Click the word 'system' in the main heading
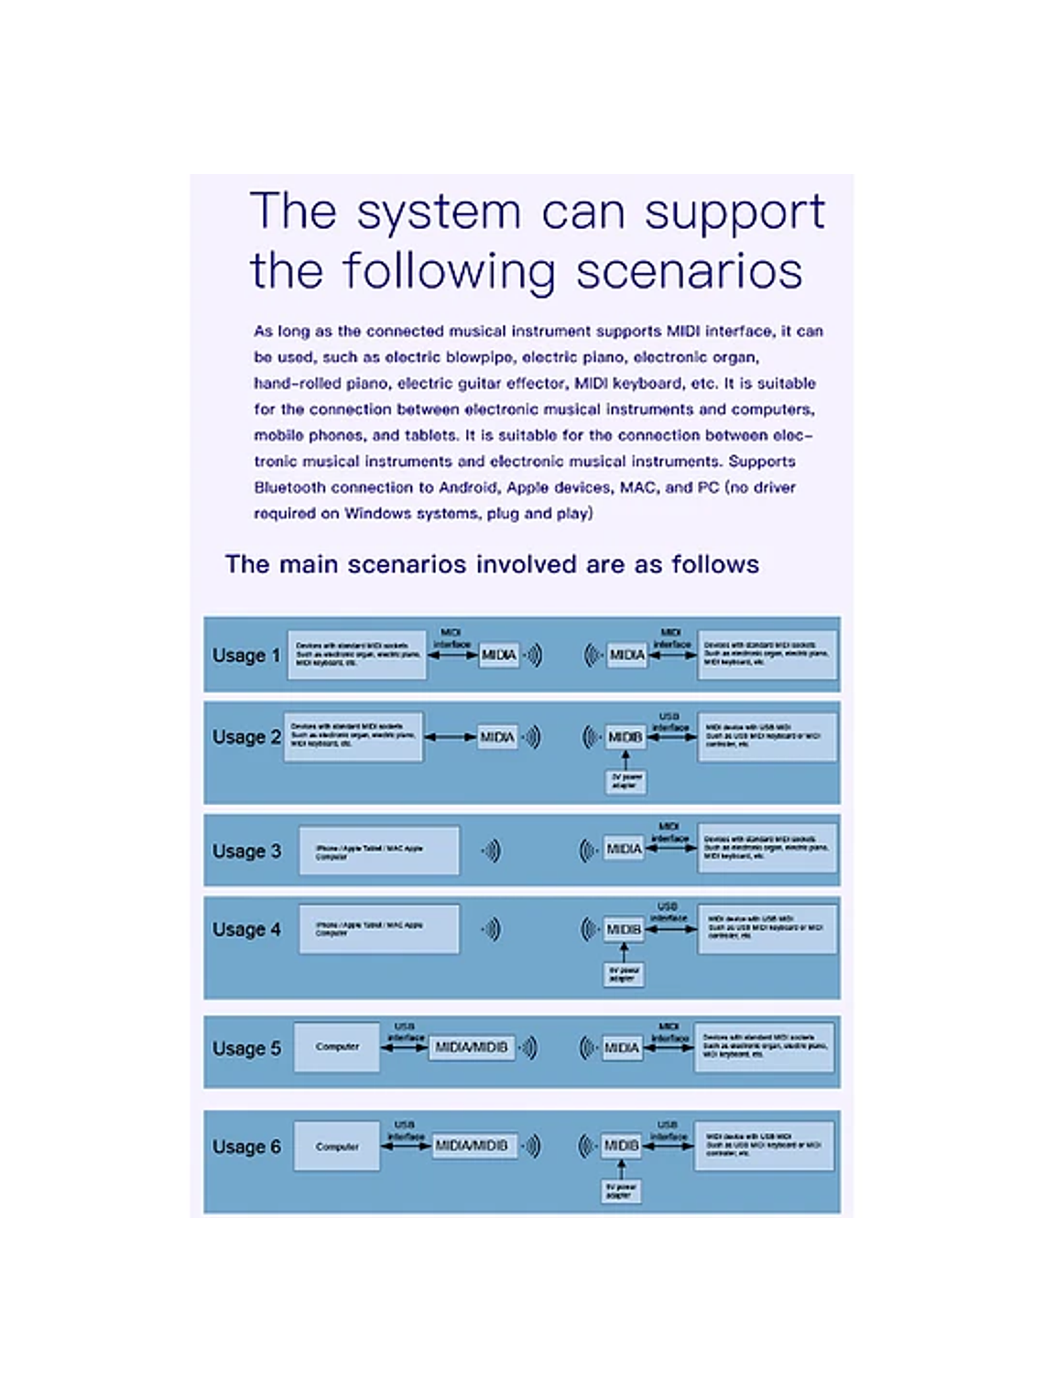point(439,212)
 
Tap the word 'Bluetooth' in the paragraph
point(288,487)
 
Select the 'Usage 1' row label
point(245,656)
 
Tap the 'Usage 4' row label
point(245,930)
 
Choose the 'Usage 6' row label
point(245,1147)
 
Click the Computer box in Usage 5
point(337,1047)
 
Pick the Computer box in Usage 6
point(337,1147)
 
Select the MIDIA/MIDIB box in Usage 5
point(472,1047)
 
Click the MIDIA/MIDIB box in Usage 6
point(472,1146)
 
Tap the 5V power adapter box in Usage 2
point(627,781)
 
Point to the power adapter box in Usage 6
point(621,1191)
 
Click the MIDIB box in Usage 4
point(624,930)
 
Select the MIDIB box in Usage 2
point(625,737)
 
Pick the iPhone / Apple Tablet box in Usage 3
point(378,851)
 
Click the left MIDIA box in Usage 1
point(499,655)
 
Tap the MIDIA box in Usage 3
point(624,849)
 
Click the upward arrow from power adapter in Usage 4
point(624,952)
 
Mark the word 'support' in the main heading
point(734,212)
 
